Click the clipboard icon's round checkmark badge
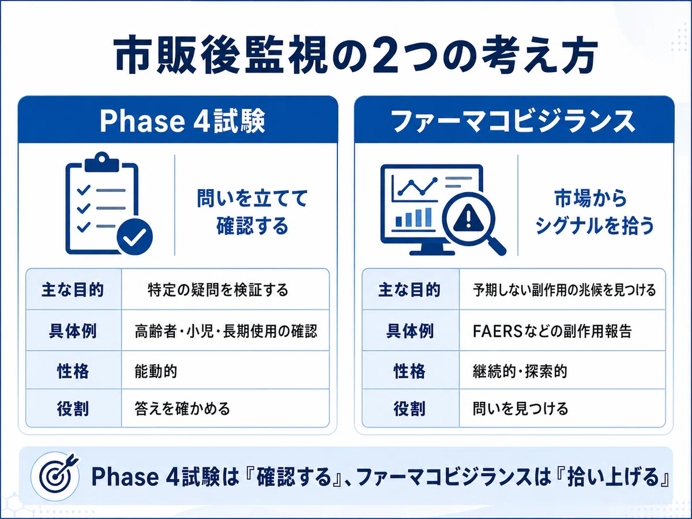134,236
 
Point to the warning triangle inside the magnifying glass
468,216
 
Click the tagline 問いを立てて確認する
252,212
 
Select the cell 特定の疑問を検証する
218,290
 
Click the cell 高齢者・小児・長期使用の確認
225,331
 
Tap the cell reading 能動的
156,371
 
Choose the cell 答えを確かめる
182,408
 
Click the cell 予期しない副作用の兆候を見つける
564,290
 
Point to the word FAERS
498,331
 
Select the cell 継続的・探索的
520,371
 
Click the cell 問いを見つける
520,408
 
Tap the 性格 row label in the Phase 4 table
73,371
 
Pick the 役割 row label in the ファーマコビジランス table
409,408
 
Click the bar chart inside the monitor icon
413,217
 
